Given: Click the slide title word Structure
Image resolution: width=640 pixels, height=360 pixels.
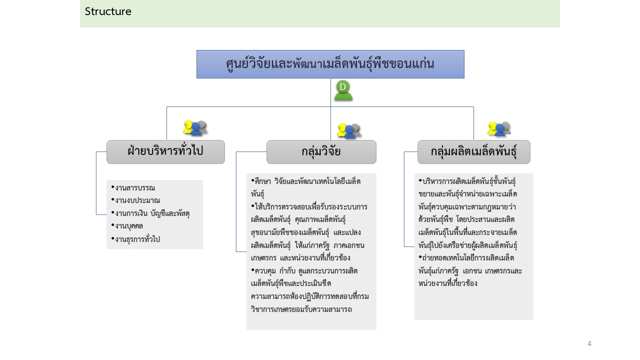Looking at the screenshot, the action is coord(108,11).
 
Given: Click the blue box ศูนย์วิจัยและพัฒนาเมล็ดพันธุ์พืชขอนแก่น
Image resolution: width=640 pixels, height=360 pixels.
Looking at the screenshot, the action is coord(330,64).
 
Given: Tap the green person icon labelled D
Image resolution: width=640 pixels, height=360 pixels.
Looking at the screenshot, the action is coord(343,90).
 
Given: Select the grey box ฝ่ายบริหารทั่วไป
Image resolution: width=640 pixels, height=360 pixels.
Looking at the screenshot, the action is coord(165,151).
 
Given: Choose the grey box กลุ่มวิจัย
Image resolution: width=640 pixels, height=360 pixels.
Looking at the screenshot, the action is coord(321,151).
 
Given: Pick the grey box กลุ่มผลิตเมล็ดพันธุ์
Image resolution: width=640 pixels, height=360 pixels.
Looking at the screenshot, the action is coord(474,151).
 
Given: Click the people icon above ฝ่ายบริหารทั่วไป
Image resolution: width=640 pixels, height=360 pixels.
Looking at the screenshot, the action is coord(195,127).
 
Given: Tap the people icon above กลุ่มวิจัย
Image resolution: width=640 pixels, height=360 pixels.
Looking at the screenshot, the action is coord(349,130).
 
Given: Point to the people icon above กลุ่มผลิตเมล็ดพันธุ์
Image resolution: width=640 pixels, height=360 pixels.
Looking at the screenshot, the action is coord(499,128).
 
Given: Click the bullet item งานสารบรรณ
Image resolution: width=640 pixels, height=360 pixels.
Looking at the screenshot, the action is coord(133,187).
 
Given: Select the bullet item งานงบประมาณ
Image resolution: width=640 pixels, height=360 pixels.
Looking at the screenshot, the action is coord(135,200).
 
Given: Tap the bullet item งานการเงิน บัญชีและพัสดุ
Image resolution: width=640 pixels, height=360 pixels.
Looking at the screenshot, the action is coord(150,213).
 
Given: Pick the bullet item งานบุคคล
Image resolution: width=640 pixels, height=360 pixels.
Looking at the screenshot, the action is coord(127,225).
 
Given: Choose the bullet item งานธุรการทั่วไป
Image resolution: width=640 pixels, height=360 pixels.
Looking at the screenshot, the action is coord(135,239).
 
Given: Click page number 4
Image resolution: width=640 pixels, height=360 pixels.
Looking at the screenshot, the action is coord(589,343).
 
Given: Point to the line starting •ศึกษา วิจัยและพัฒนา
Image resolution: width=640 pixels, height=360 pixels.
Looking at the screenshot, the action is coord(305,181).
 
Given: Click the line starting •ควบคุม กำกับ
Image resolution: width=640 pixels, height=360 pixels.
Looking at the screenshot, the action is coord(304,270).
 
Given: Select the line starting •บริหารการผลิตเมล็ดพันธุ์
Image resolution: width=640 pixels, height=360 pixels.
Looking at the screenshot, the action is coord(467,181).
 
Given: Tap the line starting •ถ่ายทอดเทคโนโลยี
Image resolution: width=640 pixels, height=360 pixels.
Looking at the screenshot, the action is coord(466,258).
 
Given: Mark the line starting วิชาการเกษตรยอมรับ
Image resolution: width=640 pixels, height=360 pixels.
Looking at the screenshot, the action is coord(301,309).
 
